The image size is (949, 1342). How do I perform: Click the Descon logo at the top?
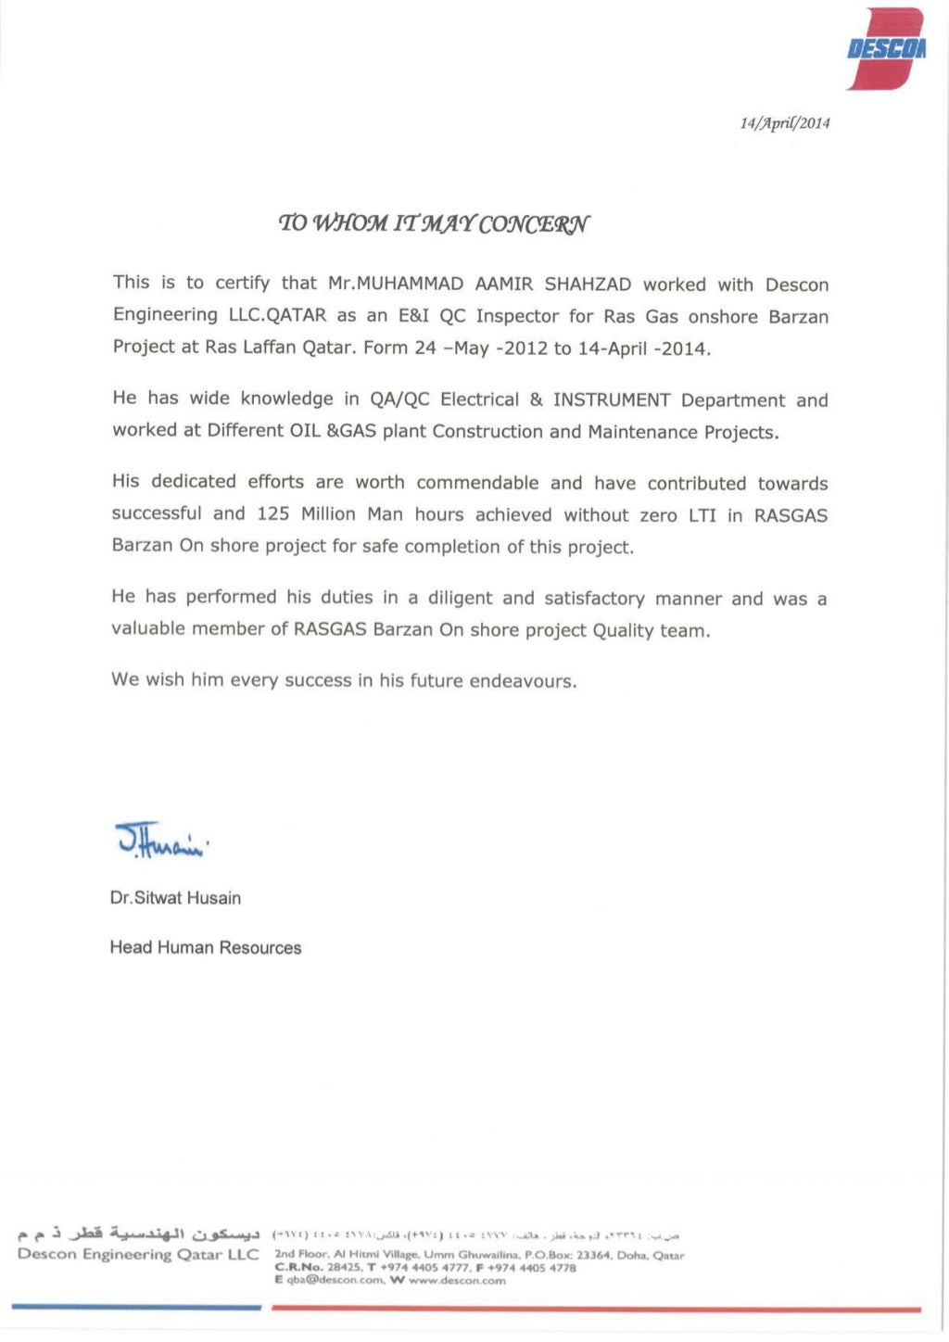point(887,48)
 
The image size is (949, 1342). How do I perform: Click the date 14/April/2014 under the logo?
point(784,123)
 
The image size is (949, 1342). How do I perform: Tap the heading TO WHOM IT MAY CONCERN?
point(434,223)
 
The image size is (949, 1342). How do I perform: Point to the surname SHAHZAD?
point(588,285)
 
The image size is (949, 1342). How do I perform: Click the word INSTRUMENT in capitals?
point(612,400)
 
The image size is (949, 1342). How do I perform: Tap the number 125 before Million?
point(273,514)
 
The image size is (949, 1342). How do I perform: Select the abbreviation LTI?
point(702,515)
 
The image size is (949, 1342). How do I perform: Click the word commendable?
point(477,483)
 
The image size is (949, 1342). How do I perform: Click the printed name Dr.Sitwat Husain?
point(175,898)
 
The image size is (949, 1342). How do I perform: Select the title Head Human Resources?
point(206,948)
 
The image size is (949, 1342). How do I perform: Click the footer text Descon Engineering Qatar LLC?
point(138,1255)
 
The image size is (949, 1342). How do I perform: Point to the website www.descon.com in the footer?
point(457,1281)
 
